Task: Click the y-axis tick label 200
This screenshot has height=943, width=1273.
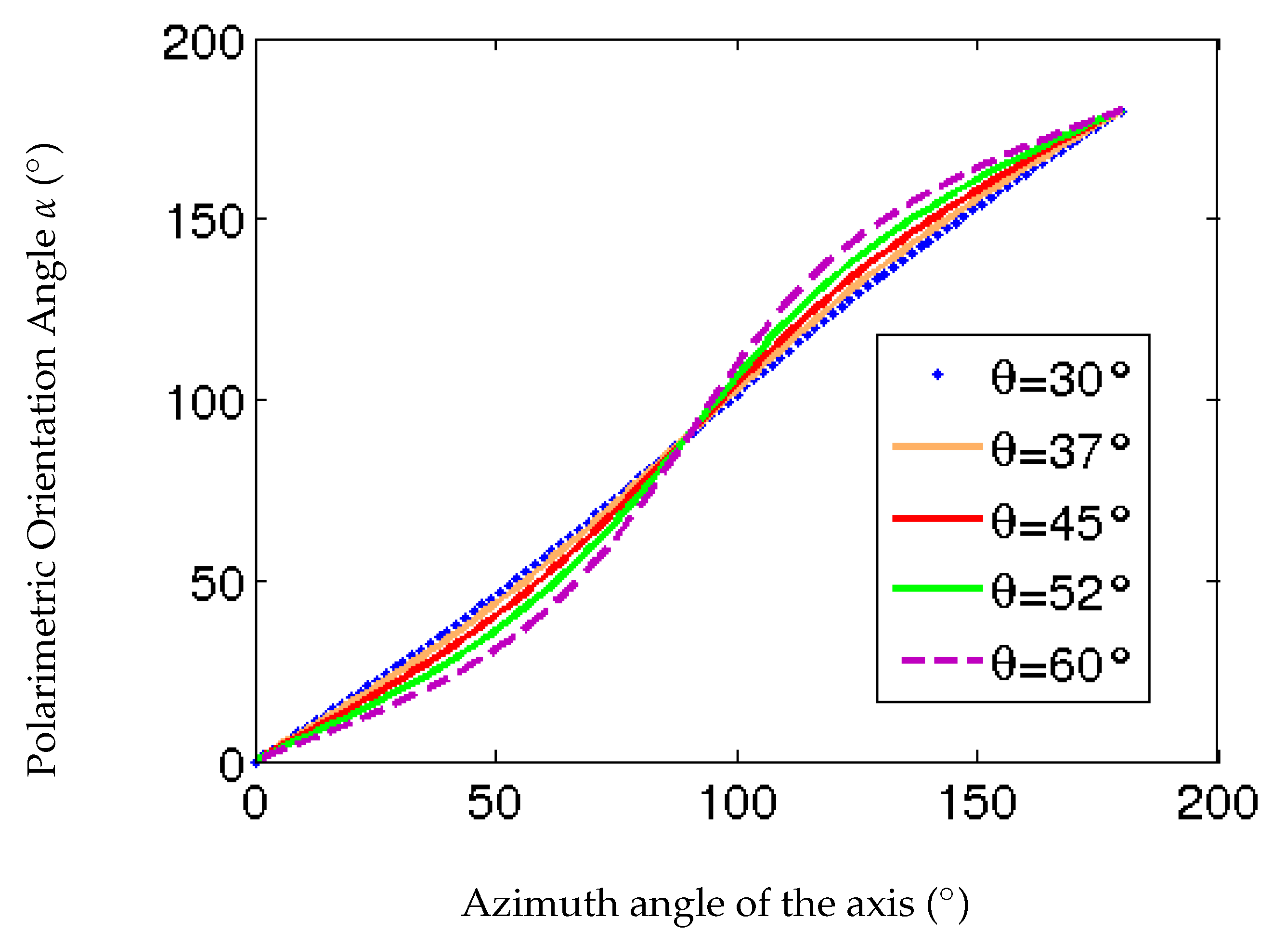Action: pos(203,43)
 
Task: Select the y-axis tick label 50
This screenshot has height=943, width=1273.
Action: pos(218,585)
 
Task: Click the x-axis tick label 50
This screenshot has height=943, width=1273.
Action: pos(494,804)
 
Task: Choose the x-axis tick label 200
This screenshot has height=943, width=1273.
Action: pos(1218,804)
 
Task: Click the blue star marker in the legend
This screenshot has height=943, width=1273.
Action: pos(937,375)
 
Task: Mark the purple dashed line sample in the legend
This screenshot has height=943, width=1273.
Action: pos(941,661)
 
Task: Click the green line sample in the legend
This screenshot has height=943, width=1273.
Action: pos(937,588)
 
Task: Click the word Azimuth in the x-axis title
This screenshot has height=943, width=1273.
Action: pos(540,904)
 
